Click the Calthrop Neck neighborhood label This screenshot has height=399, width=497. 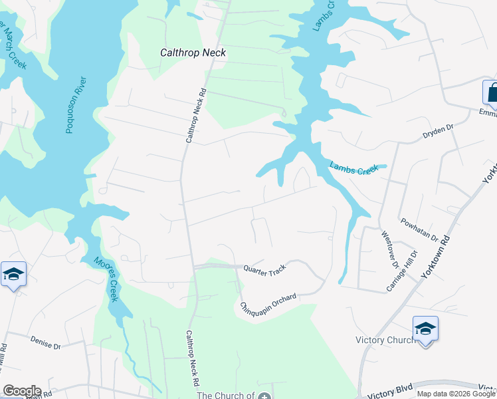[x=193, y=53]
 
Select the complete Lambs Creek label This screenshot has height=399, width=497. [x=353, y=170]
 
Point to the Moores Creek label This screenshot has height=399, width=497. [x=106, y=279]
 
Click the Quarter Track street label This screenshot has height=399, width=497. [x=264, y=269]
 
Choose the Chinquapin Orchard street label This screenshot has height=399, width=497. [x=268, y=303]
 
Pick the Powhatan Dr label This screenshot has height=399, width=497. [x=419, y=229]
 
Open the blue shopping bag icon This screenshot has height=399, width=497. [x=491, y=93]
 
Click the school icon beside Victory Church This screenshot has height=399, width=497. [x=425, y=329]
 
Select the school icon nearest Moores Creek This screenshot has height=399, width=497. [x=13, y=274]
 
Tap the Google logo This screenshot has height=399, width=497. [x=21, y=391]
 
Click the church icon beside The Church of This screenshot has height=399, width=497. [x=265, y=396]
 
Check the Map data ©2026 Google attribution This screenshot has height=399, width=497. [x=455, y=394]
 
